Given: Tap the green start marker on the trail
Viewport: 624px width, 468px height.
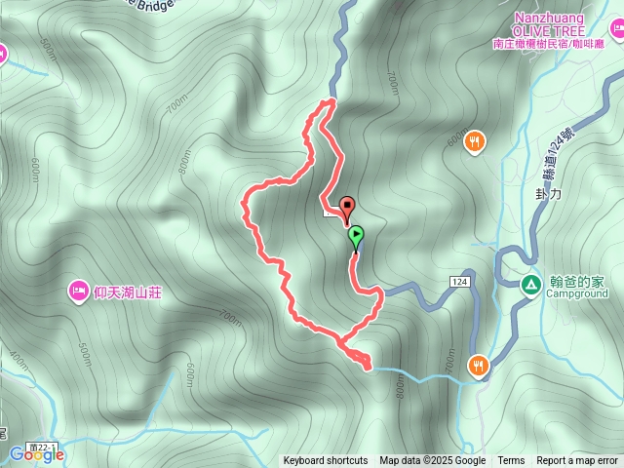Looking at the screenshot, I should (x=356, y=235).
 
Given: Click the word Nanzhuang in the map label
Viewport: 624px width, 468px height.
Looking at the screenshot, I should (x=548, y=19).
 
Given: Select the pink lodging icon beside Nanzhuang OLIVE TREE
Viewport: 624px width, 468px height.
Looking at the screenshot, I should (x=617, y=32).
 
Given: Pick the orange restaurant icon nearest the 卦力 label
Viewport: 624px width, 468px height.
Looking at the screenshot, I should (x=474, y=142).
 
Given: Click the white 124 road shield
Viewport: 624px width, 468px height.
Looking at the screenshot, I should (x=460, y=281).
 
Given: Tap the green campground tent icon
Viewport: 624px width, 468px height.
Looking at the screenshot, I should (x=531, y=285).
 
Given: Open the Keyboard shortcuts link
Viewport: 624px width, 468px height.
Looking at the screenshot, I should (x=326, y=461).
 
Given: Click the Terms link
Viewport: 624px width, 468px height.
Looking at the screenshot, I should (x=511, y=461).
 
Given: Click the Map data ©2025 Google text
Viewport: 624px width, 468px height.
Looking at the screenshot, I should (x=433, y=461).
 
